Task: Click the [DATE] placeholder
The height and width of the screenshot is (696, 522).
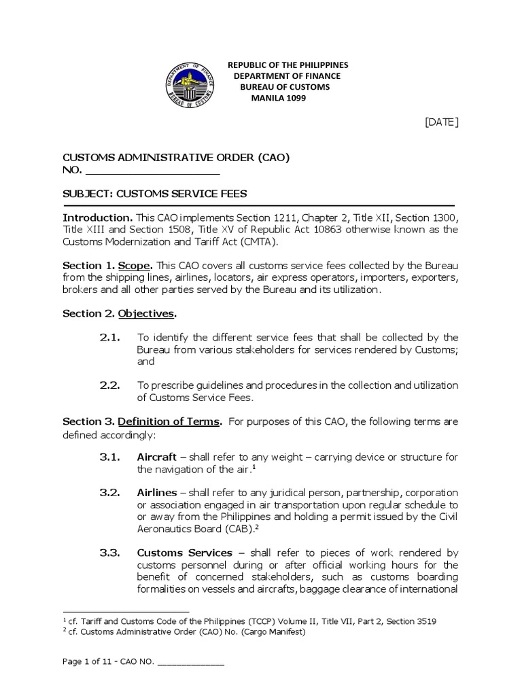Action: pyautogui.click(x=442, y=122)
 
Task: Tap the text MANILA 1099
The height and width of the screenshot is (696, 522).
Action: pyautogui.click(x=279, y=98)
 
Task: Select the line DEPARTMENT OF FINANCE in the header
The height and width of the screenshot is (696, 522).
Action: pyautogui.click(x=287, y=76)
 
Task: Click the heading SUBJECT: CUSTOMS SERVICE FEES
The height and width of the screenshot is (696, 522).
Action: pyautogui.click(x=155, y=193)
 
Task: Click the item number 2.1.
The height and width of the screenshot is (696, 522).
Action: pyautogui.click(x=109, y=337)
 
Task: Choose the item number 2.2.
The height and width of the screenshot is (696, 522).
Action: pyautogui.click(x=109, y=385)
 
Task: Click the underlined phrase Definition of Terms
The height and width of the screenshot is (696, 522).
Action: pyautogui.click(x=179, y=421)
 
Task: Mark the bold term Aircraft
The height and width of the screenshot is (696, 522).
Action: pyautogui.click(x=157, y=457)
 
